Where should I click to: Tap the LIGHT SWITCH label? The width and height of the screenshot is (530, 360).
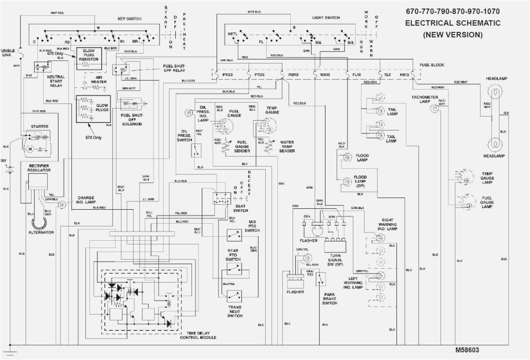pos(326,18)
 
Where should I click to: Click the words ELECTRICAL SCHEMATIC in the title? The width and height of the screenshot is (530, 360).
pos(452,23)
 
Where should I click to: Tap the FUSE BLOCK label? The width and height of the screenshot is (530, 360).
pos(431,64)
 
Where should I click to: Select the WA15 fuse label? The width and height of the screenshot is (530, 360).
pos(325,74)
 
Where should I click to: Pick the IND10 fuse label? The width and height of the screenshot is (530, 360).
pos(292,74)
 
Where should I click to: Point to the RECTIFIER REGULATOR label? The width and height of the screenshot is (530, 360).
pos(39,167)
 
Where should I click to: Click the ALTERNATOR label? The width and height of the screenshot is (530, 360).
pos(42,232)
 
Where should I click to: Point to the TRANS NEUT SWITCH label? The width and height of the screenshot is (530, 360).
pos(235,311)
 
